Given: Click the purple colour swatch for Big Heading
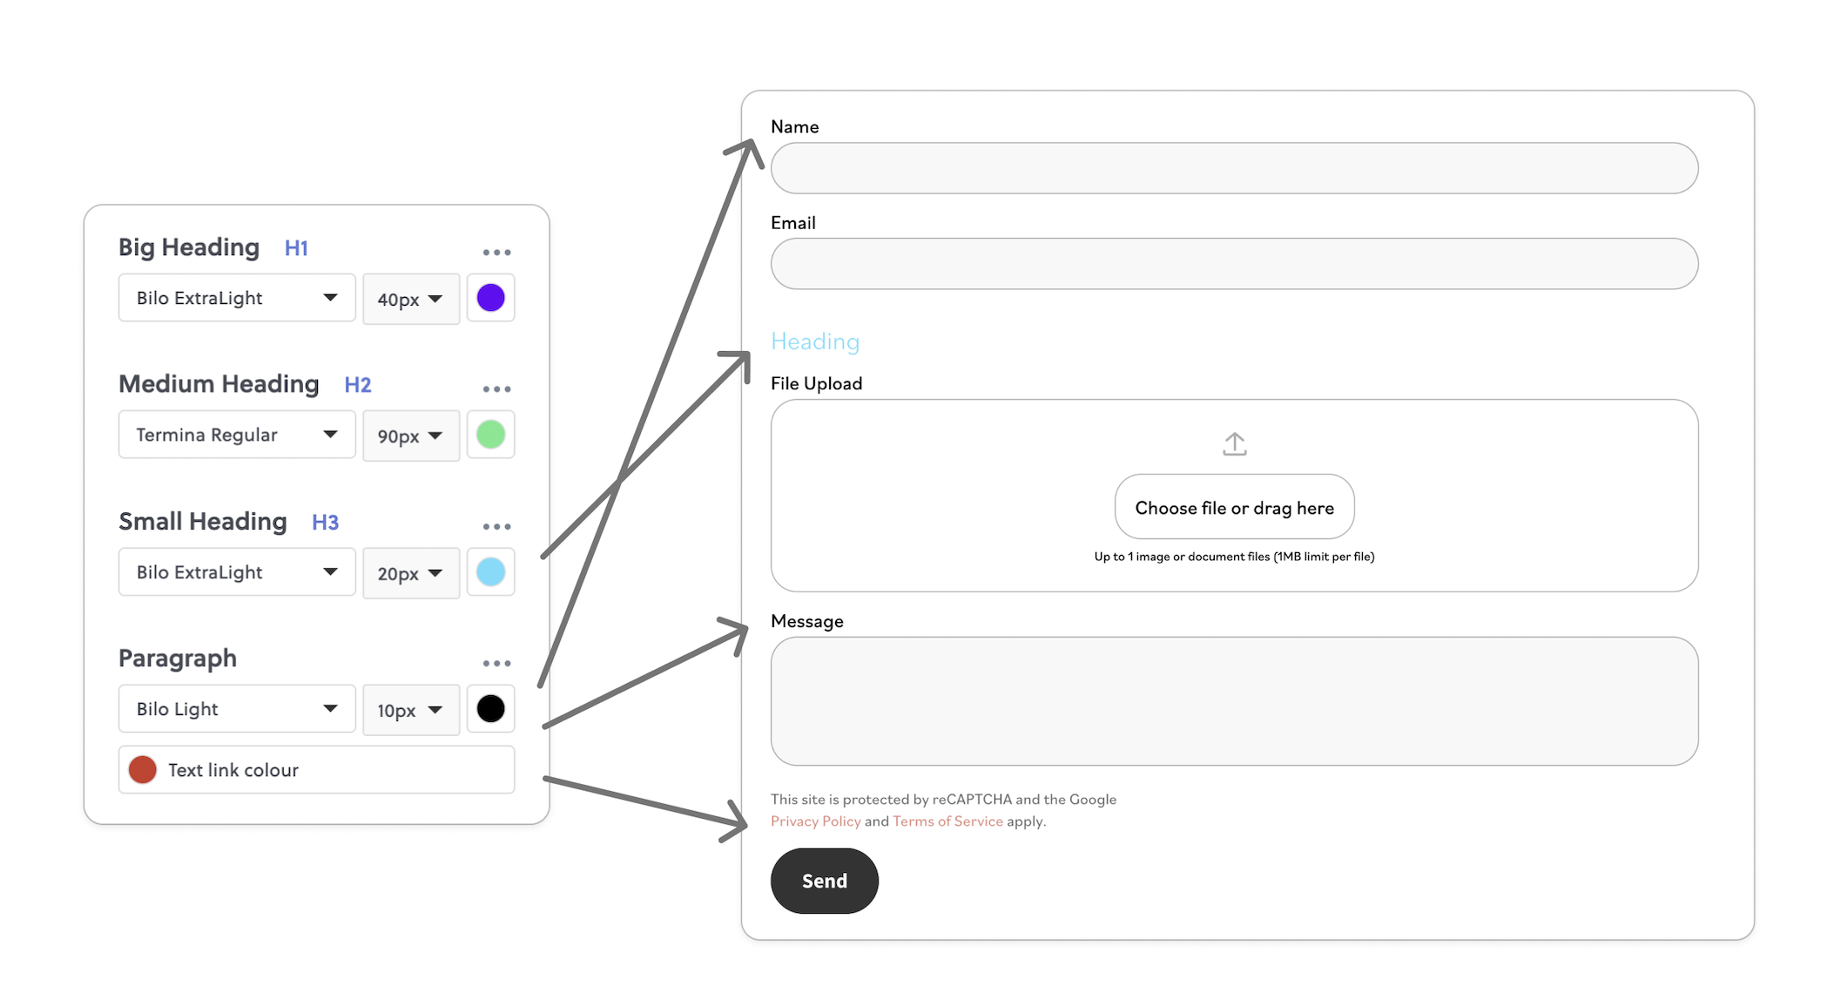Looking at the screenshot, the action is point(490,298).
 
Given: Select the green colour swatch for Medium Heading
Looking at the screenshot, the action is point(490,435).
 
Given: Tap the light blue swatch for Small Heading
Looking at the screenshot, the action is point(490,572).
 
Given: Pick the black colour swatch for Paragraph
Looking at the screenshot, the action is point(490,709).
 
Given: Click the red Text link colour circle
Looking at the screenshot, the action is point(143,770).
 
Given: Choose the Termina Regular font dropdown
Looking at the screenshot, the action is point(237,435).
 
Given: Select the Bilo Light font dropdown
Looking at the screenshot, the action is point(237,709).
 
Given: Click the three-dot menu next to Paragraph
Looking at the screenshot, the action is point(496,664).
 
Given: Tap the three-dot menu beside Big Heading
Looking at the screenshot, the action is point(496,253).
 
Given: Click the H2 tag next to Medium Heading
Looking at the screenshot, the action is point(358,385).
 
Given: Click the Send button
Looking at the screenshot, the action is point(825,881).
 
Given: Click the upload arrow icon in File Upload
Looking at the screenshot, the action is point(1235,444).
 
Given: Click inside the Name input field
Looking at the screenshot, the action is point(1234,168).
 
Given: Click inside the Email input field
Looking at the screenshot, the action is point(1234,264).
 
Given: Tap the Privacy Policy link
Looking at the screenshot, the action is point(816,821).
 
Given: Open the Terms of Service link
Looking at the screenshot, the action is point(947,821).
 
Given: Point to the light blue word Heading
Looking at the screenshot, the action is point(815,341).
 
